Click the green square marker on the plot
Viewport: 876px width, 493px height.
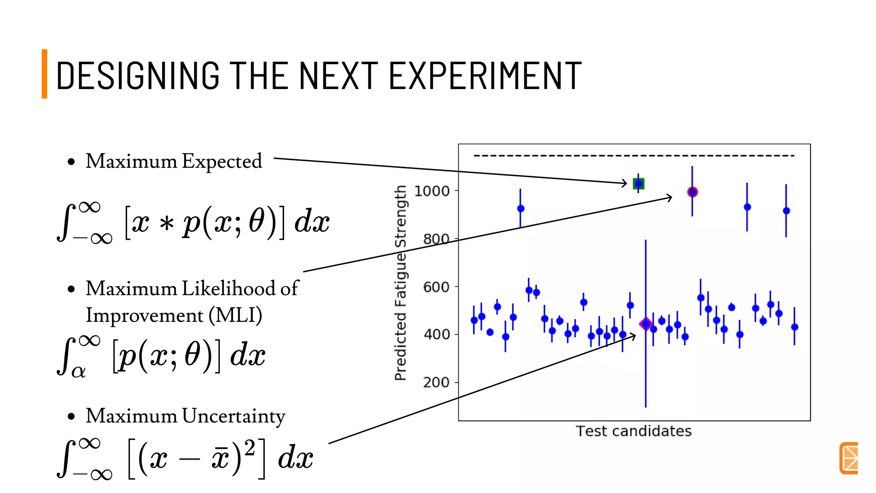tap(638, 184)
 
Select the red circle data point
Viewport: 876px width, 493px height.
tap(692, 192)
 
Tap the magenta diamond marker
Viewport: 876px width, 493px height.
tap(645, 324)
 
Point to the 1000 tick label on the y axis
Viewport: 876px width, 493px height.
tap(432, 191)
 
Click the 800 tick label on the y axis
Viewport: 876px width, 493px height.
tap(436, 239)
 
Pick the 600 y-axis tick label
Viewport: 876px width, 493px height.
tap(436, 287)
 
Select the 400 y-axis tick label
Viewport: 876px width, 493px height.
tap(436, 334)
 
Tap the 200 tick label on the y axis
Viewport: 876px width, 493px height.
tap(436, 382)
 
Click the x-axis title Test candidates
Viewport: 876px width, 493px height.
tap(633, 431)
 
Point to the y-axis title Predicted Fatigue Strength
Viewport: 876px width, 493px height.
tap(400, 282)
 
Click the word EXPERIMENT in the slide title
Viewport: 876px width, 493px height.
tap(485, 76)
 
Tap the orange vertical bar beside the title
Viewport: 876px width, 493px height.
tap(44, 74)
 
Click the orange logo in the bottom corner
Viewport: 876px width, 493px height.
tap(849, 458)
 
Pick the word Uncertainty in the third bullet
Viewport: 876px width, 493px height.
tap(234, 416)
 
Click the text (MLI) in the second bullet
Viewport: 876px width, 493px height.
tap(235, 316)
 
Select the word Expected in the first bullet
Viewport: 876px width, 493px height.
tap(222, 161)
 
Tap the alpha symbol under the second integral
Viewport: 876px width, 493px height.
tap(78, 371)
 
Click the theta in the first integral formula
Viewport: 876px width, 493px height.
tap(257, 222)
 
